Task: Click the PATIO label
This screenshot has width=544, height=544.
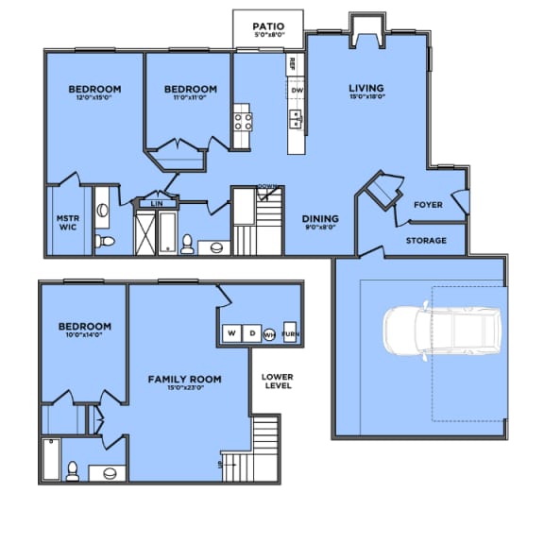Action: pyautogui.click(x=268, y=25)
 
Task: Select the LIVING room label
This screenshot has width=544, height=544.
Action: pyautogui.click(x=365, y=89)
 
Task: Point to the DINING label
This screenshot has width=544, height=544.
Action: pyautogui.click(x=320, y=218)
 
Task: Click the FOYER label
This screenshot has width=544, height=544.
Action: pyautogui.click(x=429, y=204)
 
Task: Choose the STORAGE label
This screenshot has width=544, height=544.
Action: pyautogui.click(x=426, y=240)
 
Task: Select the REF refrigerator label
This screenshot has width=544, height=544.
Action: pyautogui.click(x=293, y=64)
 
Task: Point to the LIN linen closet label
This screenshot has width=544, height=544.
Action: pyautogui.click(x=157, y=202)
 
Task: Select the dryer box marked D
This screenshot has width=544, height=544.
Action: pyautogui.click(x=252, y=333)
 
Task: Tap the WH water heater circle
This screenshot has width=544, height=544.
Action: pyautogui.click(x=270, y=333)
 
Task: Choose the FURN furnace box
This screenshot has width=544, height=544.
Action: pyautogui.click(x=291, y=333)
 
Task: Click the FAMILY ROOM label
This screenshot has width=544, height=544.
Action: pyautogui.click(x=185, y=379)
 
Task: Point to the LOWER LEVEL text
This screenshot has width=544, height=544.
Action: pyautogui.click(x=278, y=382)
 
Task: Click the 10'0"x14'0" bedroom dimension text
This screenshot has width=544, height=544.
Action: pyautogui.click(x=82, y=335)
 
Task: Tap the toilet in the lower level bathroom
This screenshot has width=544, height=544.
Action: pyautogui.click(x=72, y=469)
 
